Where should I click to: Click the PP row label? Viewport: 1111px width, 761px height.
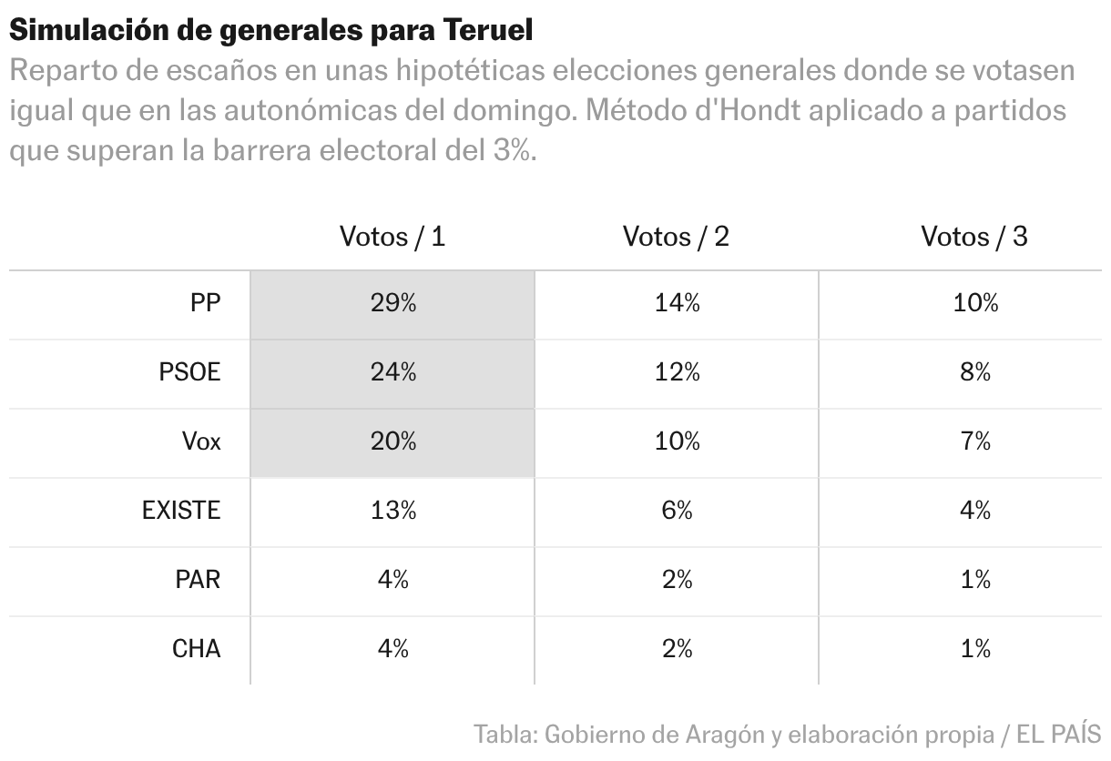click(205, 304)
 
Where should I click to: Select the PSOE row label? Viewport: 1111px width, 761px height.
click(189, 372)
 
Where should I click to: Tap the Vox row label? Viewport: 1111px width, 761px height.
click(200, 441)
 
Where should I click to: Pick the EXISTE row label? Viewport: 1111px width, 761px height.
click(181, 511)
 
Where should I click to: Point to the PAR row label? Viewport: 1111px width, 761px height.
click(198, 580)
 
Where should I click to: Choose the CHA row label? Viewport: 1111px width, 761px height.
click(196, 649)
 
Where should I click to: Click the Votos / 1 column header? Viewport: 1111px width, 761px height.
click(392, 237)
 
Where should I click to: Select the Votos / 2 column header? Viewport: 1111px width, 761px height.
click(676, 237)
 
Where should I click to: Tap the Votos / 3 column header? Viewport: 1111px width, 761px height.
click(974, 237)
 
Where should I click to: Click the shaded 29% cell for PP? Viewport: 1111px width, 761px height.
click(392, 304)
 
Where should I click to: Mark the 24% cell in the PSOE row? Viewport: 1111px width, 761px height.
click(392, 372)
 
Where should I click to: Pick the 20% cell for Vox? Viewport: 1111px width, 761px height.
click(392, 441)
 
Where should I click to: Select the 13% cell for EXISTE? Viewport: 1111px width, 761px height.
click(392, 511)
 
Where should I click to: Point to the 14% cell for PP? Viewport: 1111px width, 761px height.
click(677, 304)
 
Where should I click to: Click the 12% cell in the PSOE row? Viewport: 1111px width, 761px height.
click(677, 372)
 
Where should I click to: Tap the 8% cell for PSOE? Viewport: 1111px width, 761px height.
click(975, 372)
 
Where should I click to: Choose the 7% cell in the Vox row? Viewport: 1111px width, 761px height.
click(975, 441)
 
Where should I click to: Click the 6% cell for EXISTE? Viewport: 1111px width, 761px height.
click(677, 511)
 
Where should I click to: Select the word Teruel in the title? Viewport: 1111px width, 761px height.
click(489, 30)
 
